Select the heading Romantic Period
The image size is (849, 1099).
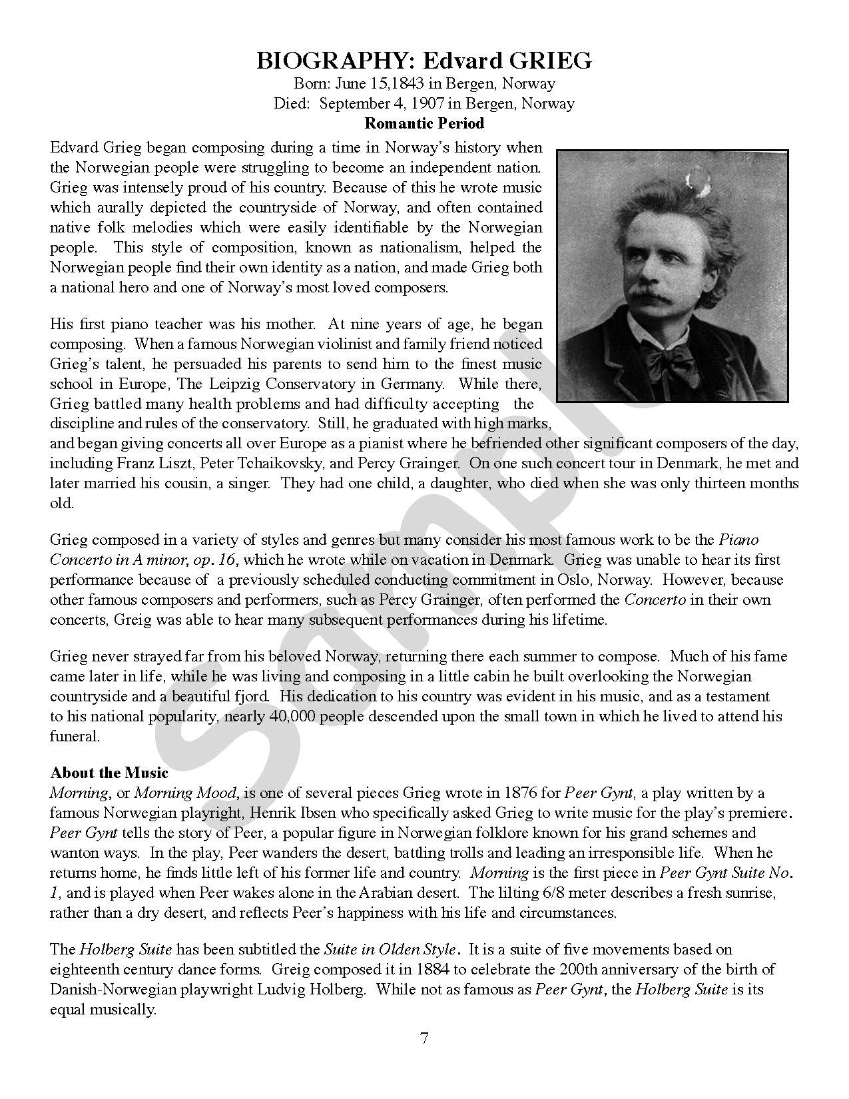click(x=424, y=123)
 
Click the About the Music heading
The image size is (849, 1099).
click(x=109, y=773)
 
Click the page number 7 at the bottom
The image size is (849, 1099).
click(x=424, y=1038)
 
